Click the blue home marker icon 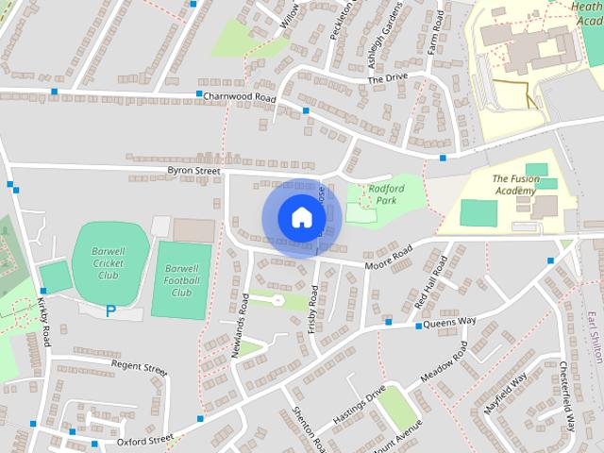300,218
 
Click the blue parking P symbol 110,310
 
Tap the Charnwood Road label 240,97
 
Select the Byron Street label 193,171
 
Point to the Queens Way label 449,322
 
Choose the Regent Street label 139,364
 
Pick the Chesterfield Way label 567,396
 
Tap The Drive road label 387,79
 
